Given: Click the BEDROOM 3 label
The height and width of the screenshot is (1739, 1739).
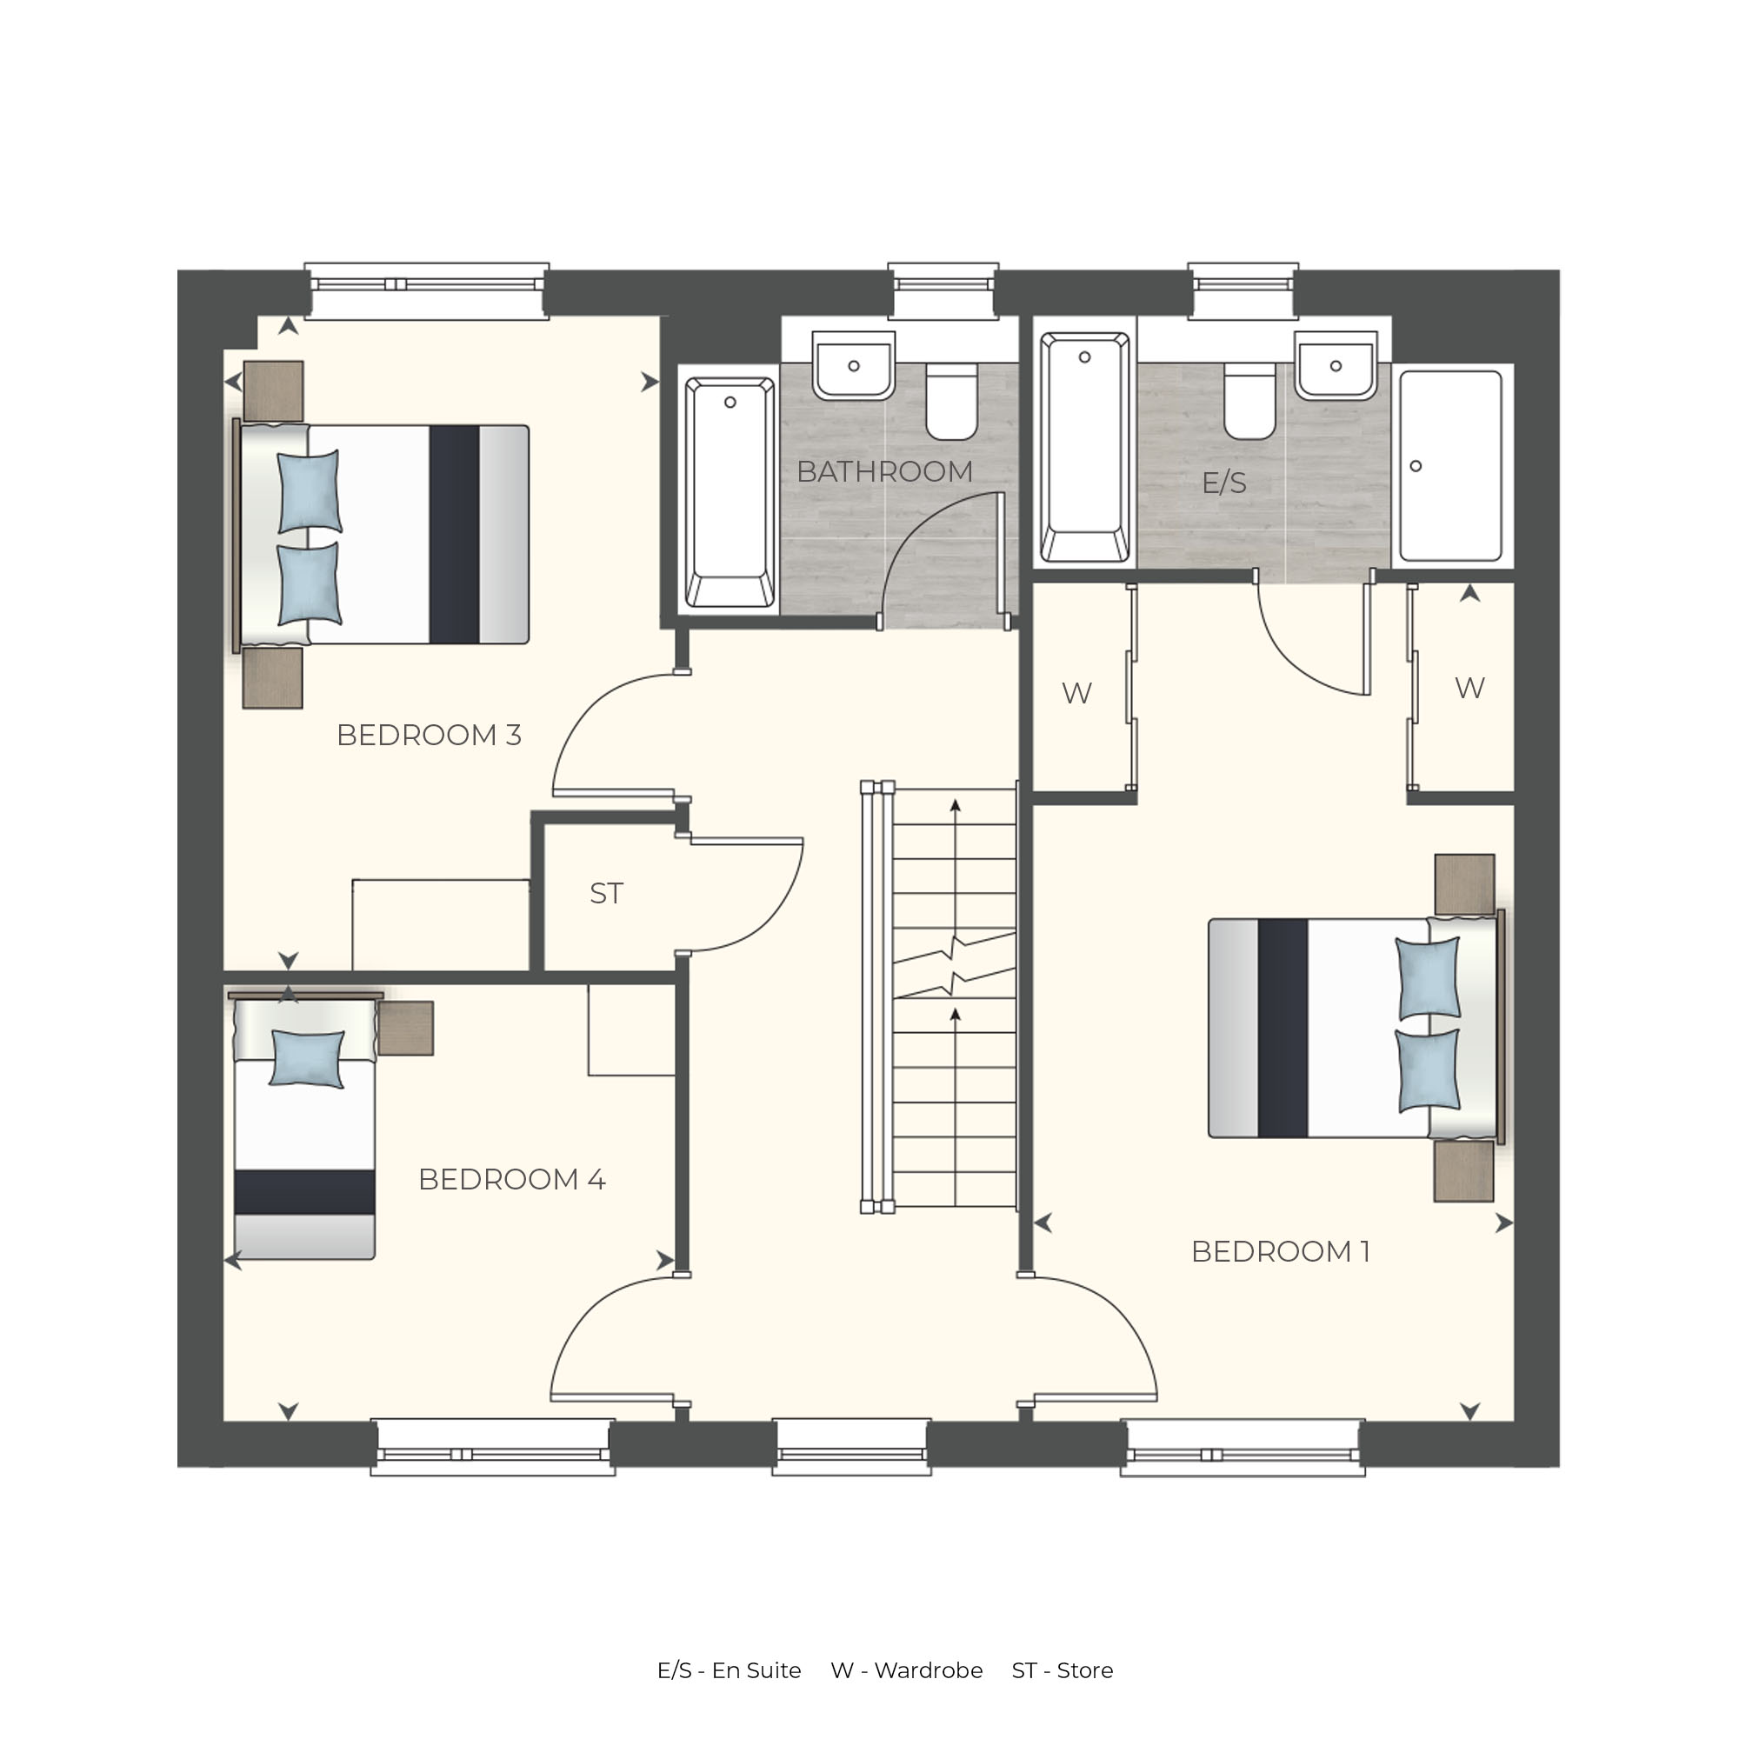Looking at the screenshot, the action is pyautogui.click(x=429, y=736).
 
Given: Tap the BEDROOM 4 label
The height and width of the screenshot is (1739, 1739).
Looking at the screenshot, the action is pyautogui.click(x=511, y=1179).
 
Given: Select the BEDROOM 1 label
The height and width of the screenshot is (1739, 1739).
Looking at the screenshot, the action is pyautogui.click(x=1280, y=1251).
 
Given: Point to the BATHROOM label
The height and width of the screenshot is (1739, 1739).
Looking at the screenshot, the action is pyautogui.click(x=885, y=471).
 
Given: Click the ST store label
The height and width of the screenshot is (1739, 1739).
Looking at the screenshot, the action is pyautogui.click(x=606, y=893).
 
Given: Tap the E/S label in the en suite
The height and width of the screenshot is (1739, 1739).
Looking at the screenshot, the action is pyautogui.click(x=1224, y=483).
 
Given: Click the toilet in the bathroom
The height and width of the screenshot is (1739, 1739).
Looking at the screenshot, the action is pyautogui.click(x=951, y=402).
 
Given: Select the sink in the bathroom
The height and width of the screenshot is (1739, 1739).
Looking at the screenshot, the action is pyautogui.click(x=853, y=365).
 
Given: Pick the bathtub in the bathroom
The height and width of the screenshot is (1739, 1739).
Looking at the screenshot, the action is pyautogui.click(x=730, y=492).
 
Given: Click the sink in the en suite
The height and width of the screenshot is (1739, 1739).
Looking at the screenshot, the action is pyautogui.click(x=1336, y=365).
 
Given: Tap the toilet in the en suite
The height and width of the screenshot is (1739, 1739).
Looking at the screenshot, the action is pyautogui.click(x=1249, y=402).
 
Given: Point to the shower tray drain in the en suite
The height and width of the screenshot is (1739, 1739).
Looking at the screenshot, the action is pyautogui.click(x=1416, y=466).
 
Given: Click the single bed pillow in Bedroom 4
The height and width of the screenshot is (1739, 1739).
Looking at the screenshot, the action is pyautogui.click(x=308, y=1058).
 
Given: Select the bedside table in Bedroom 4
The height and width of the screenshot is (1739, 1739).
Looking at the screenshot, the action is pyautogui.click(x=406, y=1028).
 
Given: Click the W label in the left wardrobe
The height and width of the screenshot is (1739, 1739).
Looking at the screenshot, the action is pyautogui.click(x=1076, y=693).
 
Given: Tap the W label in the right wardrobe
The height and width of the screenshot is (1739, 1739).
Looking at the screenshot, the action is pyautogui.click(x=1469, y=689).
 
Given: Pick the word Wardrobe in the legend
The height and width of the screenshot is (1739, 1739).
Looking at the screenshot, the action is pyautogui.click(x=928, y=1670).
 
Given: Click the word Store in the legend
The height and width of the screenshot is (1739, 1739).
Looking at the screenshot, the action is pyautogui.click(x=1084, y=1670).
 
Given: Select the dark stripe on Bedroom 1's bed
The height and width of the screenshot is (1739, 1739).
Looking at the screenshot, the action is pyautogui.click(x=1283, y=1028).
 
